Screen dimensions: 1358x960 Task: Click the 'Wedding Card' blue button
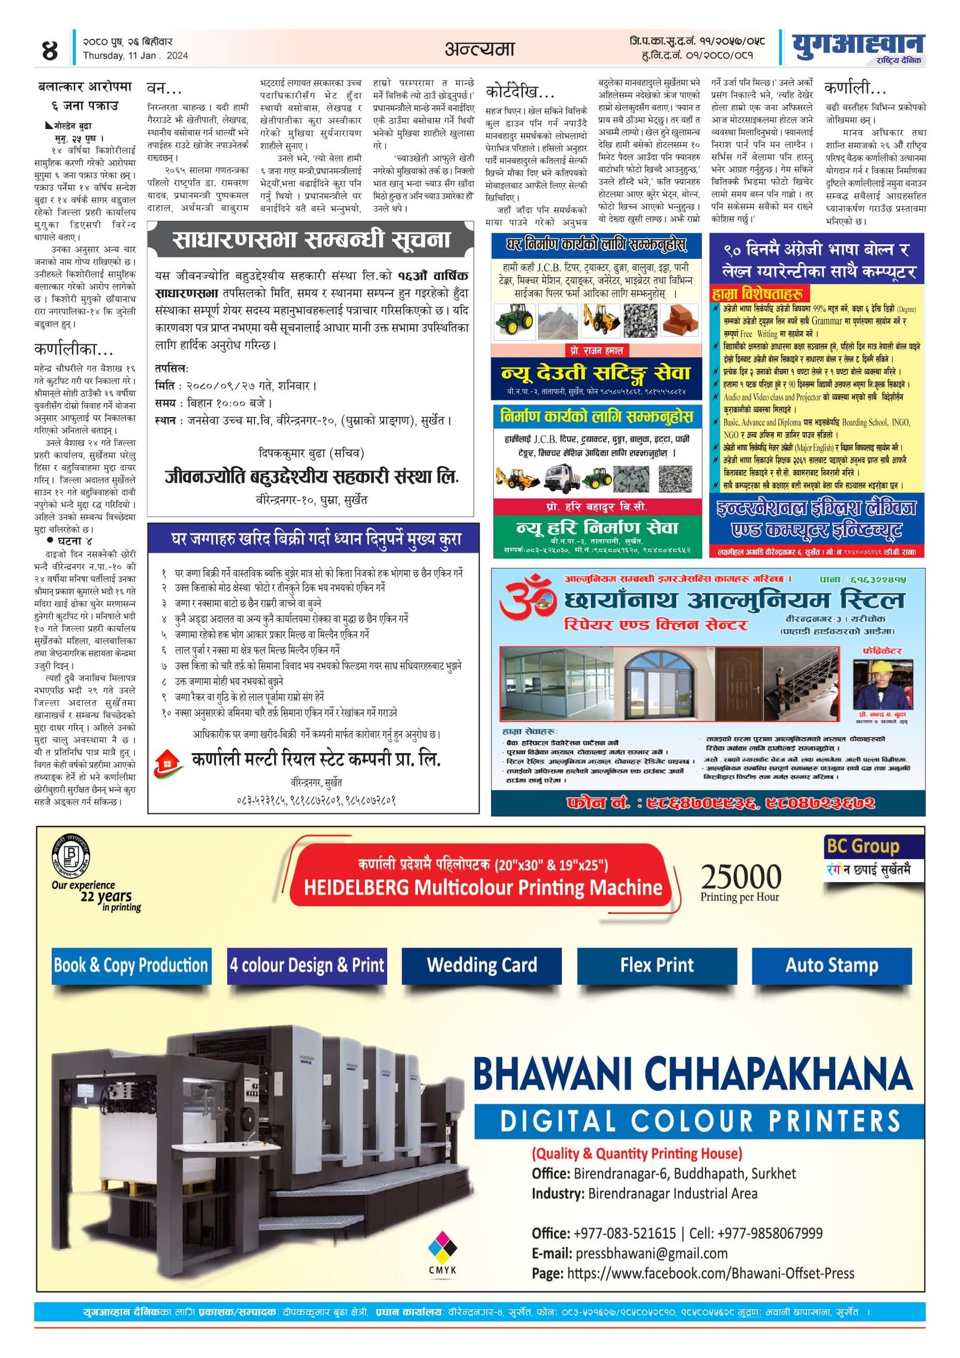[481, 965]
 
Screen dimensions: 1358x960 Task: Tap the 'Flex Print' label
[656, 965]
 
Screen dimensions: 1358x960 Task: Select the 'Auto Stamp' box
[832, 965]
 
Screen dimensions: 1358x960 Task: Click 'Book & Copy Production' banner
[131, 965]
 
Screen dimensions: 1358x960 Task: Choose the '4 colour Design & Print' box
[307, 965]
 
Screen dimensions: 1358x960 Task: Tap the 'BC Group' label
[863, 846]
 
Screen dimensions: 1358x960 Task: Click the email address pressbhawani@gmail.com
[651, 1254]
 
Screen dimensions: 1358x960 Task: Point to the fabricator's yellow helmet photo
[883, 684]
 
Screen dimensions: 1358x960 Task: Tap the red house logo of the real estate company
[167, 763]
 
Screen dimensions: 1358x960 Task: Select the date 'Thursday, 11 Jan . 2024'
[135, 56]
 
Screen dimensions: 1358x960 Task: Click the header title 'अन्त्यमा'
[479, 49]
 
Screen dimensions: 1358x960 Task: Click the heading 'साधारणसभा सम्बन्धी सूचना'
[311, 239]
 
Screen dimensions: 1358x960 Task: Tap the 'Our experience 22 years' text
[97, 895]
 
